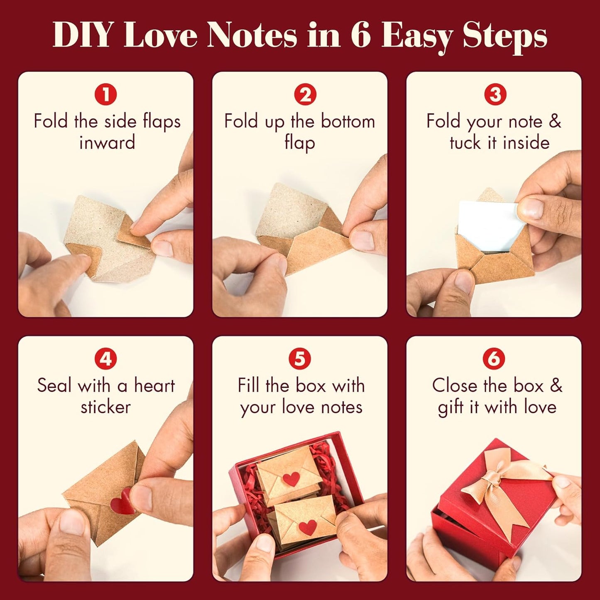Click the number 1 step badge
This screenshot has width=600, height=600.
pyautogui.click(x=105, y=94)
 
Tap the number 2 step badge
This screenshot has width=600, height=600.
pyautogui.click(x=305, y=94)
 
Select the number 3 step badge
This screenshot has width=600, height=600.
pyautogui.click(x=495, y=94)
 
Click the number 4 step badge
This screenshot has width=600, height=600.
pyautogui.click(x=105, y=358)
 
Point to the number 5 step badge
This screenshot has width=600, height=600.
pyautogui.click(x=299, y=358)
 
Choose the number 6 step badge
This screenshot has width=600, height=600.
pyautogui.click(x=494, y=358)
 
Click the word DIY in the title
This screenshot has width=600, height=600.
pyautogui.click(x=82, y=35)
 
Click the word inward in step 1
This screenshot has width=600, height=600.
pyautogui.click(x=107, y=143)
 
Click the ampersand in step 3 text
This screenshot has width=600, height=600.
pyautogui.click(x=555, y=121)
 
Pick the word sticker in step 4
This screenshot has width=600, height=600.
pyautogui.click(x=105, y=407)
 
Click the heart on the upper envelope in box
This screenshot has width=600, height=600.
pyautogui.click(x=291, y=479)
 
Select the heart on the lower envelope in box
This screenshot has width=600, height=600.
pyautogui.click(x=308, y=527)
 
